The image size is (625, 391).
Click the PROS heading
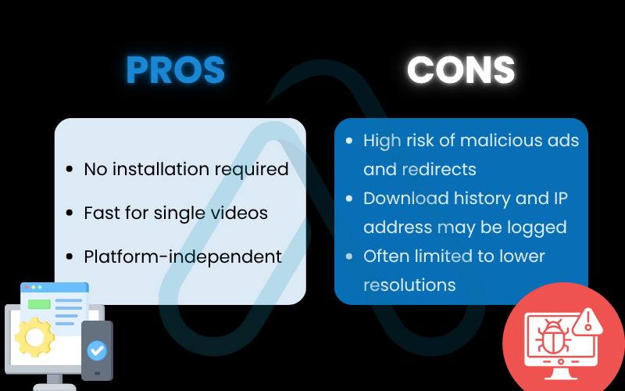coord(175,70)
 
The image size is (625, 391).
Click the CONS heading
coord(461,70)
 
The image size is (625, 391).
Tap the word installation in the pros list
coord(162,169)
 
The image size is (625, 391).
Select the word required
coord(252,170)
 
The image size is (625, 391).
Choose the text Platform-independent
coord(183,257)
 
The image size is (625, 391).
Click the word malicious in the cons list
coord(497,141)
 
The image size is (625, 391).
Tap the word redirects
coord(439,169)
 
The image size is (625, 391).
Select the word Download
coord(406,199)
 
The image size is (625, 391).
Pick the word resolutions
coord(409,285)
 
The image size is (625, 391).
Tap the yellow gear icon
coord(34,337)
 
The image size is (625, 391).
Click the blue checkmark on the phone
coord(97,350)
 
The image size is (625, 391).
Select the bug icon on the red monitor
coord(552,338)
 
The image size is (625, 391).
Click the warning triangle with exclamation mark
coord(587,321)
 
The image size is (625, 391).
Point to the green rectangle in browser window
coord(39,304)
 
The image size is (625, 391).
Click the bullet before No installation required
coord(70,169)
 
